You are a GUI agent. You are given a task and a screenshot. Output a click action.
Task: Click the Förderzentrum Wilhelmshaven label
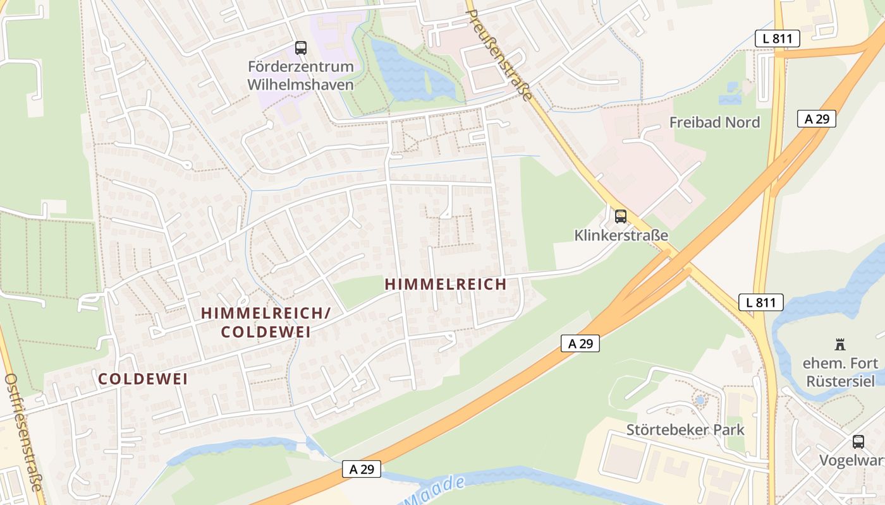[x=300, y=75]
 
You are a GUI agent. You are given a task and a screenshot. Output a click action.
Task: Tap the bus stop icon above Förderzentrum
[x=300, y=47]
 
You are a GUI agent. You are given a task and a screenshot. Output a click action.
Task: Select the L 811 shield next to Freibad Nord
[x=777, y=39]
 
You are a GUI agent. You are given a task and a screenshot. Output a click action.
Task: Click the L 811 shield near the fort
[x=760, y=302]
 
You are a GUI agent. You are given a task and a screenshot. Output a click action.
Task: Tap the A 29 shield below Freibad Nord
[x=816, y=119]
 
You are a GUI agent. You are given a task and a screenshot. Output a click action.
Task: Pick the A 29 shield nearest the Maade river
[x=362, y=469]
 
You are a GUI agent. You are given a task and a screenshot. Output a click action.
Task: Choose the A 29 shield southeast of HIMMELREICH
[x=580, y=343]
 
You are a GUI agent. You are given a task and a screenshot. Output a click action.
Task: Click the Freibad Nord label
[x=714, y=122]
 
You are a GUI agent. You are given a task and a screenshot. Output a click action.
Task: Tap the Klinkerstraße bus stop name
[x=621, y=235]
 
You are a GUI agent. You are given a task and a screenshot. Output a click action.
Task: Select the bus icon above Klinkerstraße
[x=621, y=217]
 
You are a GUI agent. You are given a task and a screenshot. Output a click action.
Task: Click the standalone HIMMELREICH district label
[x=446, y=285]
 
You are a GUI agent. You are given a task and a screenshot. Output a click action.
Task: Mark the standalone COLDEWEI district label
[x=143, y=379]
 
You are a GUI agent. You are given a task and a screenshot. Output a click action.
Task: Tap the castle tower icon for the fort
[x=840, y=345]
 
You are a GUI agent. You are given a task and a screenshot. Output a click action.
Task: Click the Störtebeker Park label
[x=685, y=430]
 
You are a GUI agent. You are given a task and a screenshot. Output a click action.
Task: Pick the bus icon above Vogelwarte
[x=858, y=441]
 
